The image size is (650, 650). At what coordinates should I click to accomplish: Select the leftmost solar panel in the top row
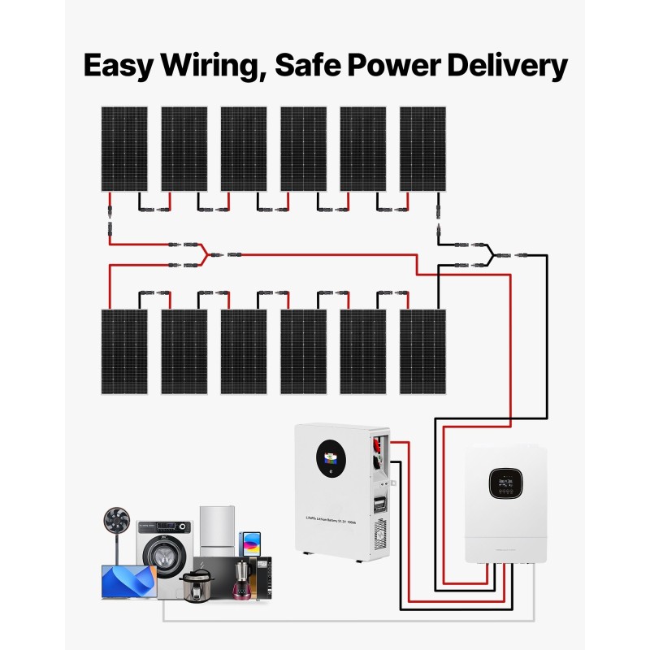(123, 149)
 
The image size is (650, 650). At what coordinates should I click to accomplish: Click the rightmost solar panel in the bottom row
(422, 351)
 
